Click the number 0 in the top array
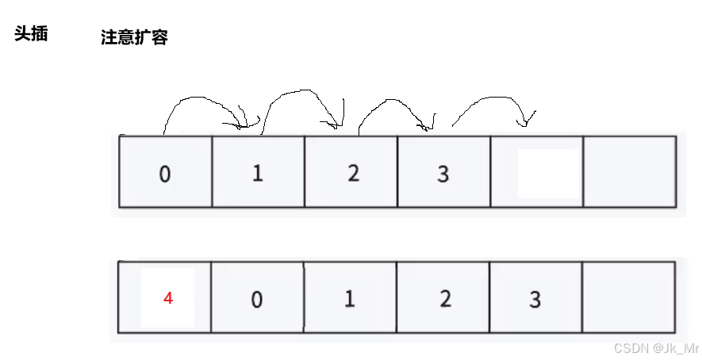164,174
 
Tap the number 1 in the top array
257,173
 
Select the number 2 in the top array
353,173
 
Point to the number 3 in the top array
443,174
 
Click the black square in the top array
548,174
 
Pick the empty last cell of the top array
629,172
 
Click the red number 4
167,299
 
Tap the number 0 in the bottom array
256,300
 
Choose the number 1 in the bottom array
349,299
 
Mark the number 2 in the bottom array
445,299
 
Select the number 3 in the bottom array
535,300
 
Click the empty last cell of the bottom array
627,297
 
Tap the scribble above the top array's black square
524,121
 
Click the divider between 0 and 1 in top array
212,172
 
